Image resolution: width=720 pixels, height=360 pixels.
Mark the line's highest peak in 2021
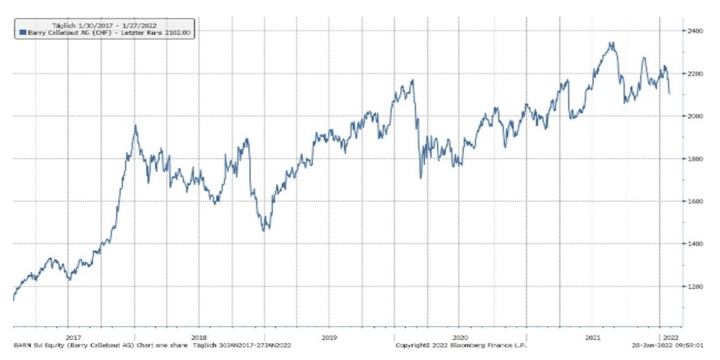pos(611,43)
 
